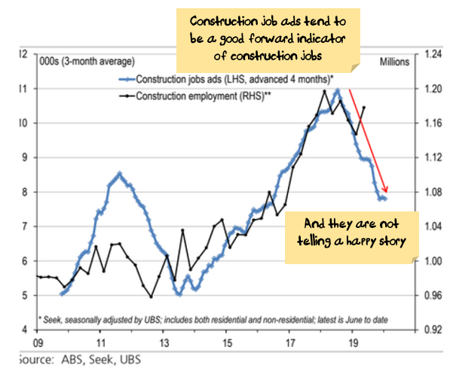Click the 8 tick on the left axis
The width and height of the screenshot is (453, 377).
click(x=25, y=193)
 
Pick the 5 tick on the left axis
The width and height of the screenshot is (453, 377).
click(x=25, y=296)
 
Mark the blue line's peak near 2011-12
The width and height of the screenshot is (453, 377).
click(x=119, y=173)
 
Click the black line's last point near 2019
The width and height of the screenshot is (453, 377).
click(x=364, y=108)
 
